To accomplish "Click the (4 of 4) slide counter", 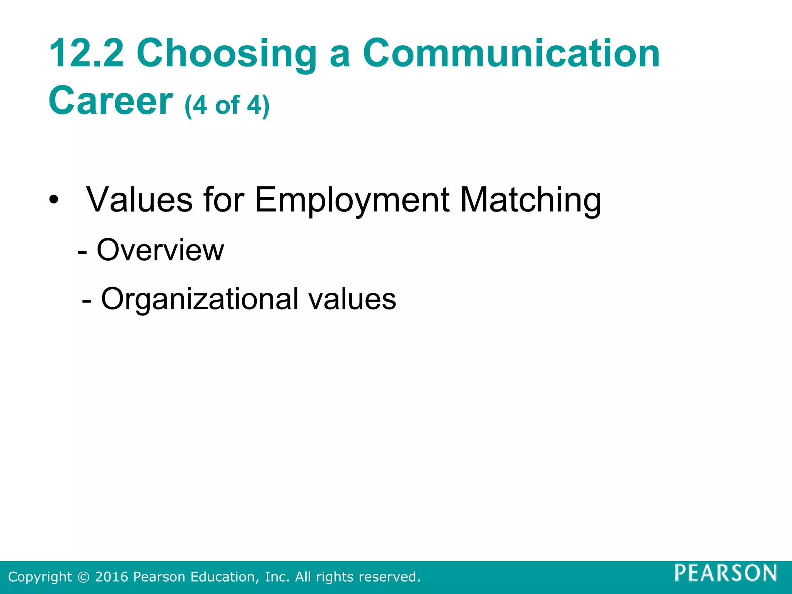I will (227, 105).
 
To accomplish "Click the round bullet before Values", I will (54, 200).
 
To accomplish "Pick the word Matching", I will (531, 200).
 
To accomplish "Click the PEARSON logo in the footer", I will (726, 573).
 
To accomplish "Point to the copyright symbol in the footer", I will (83, 577).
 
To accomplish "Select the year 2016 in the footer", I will (111, 577).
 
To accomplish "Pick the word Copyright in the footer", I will (40, 577).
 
